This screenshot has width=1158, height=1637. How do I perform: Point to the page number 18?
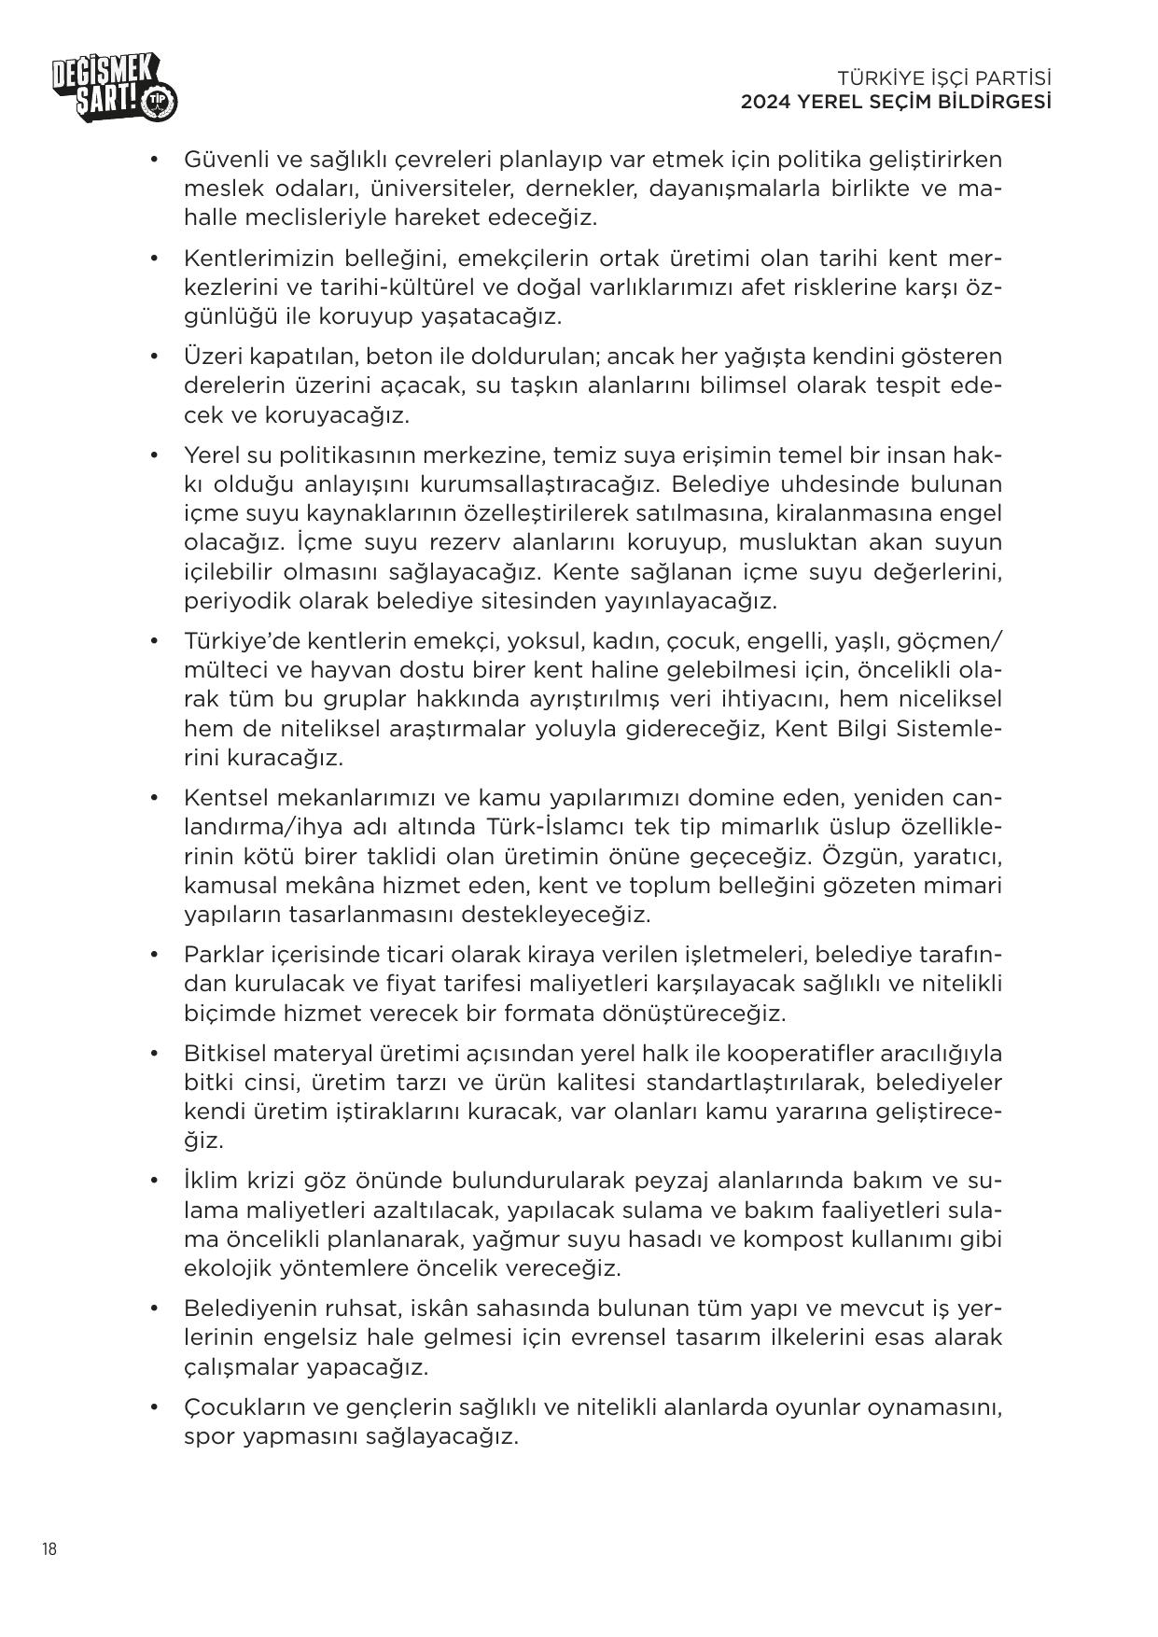point(49,1549)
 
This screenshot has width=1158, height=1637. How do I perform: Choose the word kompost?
point(835,1239)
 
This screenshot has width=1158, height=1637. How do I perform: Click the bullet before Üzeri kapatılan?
point(154,357)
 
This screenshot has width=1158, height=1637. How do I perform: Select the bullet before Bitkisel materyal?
point(154,1054)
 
